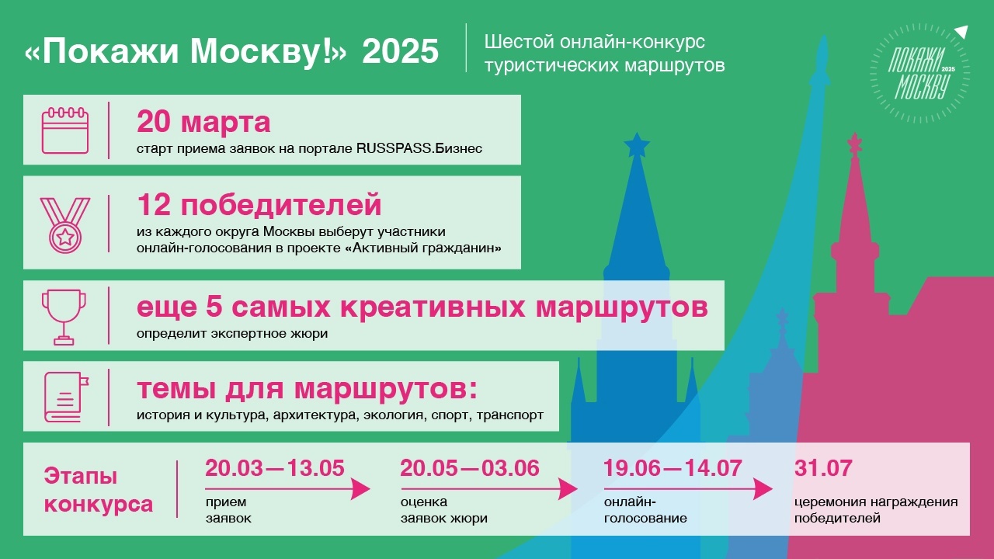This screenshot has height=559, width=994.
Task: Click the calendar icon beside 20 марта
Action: (65, 130)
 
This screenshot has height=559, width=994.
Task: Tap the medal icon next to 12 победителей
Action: (65, 225)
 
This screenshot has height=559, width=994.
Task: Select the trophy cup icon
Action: (64, 318)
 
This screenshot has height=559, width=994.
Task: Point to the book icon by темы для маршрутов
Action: (66, 397)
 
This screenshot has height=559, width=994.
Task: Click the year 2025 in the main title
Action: (400, 51)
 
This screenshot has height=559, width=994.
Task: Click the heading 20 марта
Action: (203, 122)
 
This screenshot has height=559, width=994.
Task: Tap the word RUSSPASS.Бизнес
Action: (419, 148)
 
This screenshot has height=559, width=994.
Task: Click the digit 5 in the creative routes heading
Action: (214, 307)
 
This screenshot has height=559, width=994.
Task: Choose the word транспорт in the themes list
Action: (510, 415)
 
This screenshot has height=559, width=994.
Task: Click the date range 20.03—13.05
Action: (275, 468)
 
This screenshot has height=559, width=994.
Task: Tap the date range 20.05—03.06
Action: (470, 468)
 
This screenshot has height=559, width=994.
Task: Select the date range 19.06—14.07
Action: (673, 468)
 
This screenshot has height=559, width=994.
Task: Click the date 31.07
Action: (823, 468)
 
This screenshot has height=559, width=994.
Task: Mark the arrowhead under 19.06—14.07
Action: (763, 489)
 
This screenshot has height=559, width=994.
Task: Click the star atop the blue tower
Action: (637, 144)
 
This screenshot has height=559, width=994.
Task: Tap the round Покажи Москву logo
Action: (920, 73)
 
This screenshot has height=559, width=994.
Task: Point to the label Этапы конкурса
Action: (99, 490)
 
